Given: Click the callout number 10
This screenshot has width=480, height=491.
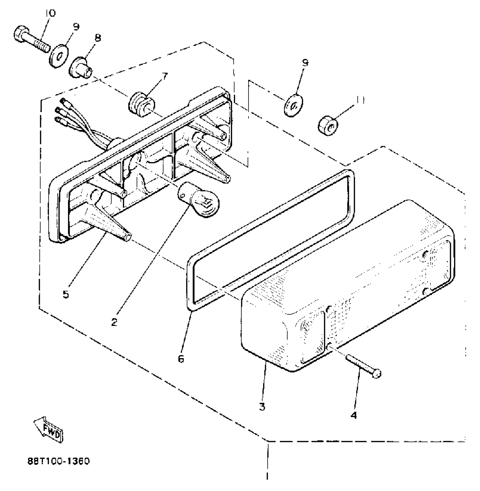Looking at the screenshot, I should pyautogui.click(x=50, y=13).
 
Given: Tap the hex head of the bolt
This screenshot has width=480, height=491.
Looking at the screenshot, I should pyautogui.click(x=20, y=34).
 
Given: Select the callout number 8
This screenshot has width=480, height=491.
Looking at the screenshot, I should pyautogui.click(x=98, y=38).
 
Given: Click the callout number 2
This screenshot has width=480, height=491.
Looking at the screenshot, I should pyautogui.click(x=114, y=322).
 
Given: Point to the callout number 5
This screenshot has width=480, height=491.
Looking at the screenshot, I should pyautogui.click(x=66, y=295).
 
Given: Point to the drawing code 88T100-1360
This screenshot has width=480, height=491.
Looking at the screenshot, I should pyautogui.click(x=58, y=461).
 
